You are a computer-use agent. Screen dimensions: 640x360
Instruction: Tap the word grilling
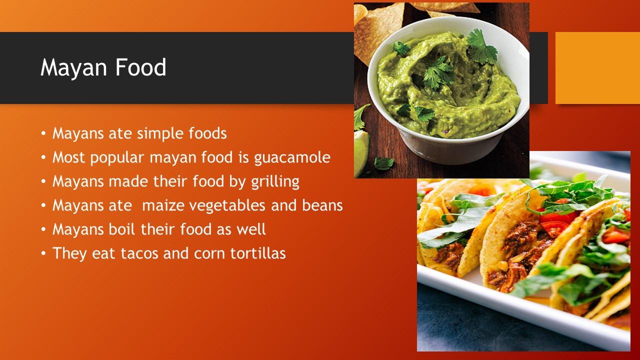(x=275, y=182)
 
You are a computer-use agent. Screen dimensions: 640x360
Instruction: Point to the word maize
(x=163, y=205)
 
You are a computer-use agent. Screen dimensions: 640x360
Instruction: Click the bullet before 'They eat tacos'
(x=43, y=253)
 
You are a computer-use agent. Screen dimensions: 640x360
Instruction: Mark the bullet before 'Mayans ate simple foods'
(x=43, y=133)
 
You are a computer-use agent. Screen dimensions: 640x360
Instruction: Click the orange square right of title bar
(x=597, y=68)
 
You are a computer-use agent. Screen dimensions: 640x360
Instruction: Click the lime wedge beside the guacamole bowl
(x=361, y=153)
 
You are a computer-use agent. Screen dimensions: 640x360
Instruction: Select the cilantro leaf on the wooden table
(x=383, y=163)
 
